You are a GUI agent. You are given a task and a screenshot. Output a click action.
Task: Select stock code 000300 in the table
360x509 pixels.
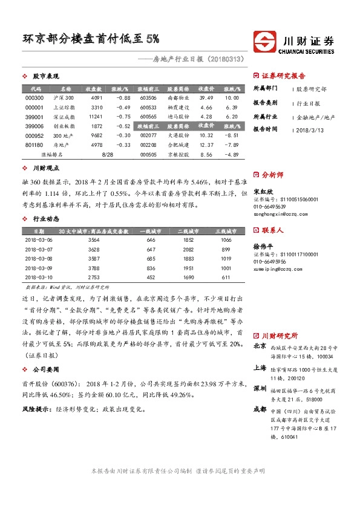(x=36, y=97)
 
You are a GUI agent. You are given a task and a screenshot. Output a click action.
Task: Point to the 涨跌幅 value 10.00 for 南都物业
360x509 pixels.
(x=231, y=97)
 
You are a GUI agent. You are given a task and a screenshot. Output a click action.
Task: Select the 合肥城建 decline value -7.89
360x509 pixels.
(x=231, y=144)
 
